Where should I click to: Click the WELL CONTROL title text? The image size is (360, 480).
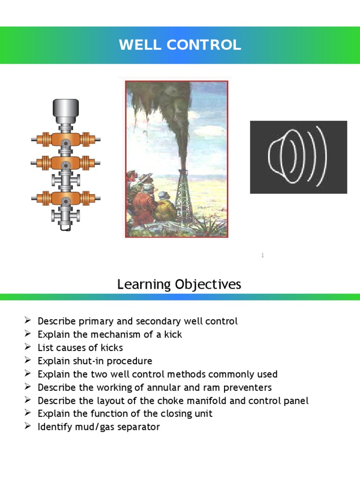tap(180, 45)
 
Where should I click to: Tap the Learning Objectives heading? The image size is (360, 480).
tap(179, 284)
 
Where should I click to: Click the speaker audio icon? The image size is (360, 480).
tap(298, 157)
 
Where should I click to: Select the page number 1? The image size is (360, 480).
tap(263, 255)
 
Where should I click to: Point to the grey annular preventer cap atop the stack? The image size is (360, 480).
tap(66, 110)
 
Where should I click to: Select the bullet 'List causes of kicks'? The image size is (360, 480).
tap(80, 347)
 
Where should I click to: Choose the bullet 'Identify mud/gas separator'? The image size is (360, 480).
tap(98, 427)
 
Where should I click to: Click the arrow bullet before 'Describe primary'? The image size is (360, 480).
tap(27, 321)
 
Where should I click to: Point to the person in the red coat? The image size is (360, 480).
tap(142, 206)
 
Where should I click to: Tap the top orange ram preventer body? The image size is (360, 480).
tap(66, 139)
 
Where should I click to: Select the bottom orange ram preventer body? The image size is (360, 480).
tap(66, 198)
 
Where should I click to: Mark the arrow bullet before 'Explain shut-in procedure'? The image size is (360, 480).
tap(27, 361)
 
